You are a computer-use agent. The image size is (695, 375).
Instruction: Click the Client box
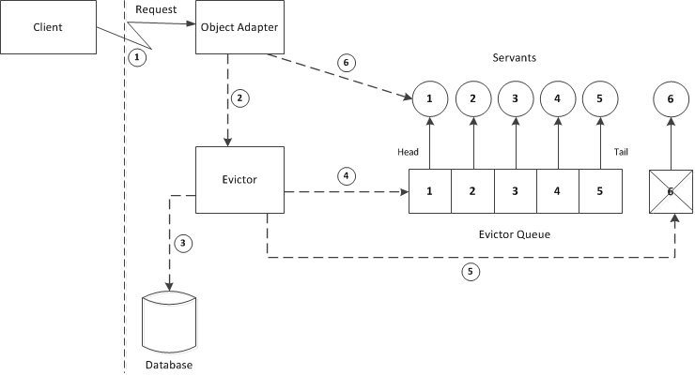[x=48, y=27]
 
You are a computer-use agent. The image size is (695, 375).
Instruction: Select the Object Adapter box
[x=239, y=27]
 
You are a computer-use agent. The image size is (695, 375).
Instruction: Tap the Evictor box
[x=239, y=179]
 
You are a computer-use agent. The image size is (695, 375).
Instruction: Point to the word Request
[x=158, y=8]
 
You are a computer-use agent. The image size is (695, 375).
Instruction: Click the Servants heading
[x=515, y=58]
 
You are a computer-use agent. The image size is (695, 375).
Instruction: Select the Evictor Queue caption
[x=515, y=232]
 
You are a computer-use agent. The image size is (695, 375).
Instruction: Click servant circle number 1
[x=430, y=97]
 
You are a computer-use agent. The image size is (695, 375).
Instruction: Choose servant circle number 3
[x=515, y=97]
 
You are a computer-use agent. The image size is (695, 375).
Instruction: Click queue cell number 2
[x=472, y=191]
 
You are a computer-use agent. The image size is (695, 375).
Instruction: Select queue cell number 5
[x=600, y=191]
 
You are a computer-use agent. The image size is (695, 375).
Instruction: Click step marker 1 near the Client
[x=137, y=57]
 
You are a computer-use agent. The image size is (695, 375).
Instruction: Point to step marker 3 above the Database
[x=185, y=244]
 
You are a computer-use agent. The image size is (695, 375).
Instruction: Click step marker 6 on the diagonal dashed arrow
[x=346, y=64]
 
